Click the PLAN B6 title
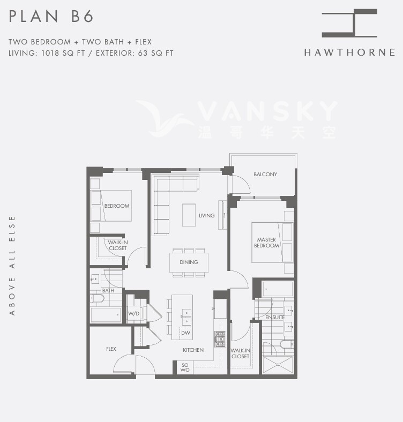[51, 17]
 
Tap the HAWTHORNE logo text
[349, 52]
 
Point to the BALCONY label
[265, 175]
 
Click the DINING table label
[189, 262]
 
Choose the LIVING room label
[206, 216]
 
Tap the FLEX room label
[111, 349]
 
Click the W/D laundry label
[133, 314]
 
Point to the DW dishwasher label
[185, 333]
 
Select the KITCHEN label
[193, 350]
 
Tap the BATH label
[108, 291]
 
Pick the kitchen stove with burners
[220, 338]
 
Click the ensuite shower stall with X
[278, 365]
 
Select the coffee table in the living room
[189, 215]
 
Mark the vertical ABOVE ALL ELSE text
[12, 265]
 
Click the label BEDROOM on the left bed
[117, 206]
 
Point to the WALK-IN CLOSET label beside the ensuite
[240, 353]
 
